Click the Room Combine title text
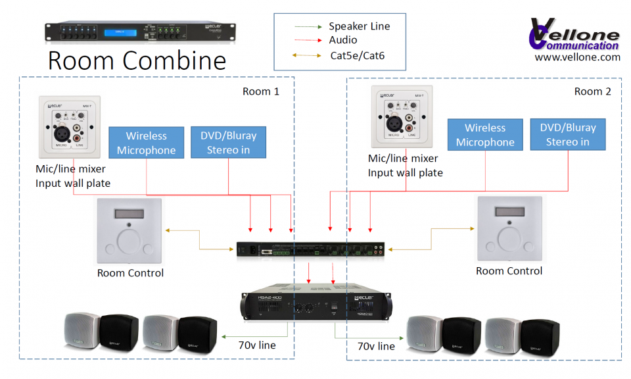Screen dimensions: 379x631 pos(137,61)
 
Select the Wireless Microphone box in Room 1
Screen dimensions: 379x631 pos(146,143)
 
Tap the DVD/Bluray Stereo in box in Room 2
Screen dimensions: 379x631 pos(567,135)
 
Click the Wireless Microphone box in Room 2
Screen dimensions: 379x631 pos(485,135)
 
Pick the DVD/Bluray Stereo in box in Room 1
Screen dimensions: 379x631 pos(228,143)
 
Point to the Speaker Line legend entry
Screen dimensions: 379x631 pos(359,26)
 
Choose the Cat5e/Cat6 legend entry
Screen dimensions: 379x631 pos(357,56)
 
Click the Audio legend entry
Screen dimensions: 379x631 pos(343,40)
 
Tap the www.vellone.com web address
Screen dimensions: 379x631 pos(577,57)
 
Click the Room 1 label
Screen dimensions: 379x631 pos(261,91)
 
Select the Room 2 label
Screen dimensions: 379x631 pos(592,91)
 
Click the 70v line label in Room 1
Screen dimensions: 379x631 pos(257,345)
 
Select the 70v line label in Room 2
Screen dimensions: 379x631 pos(376,345)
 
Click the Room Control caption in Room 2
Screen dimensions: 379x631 pos(509,271)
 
